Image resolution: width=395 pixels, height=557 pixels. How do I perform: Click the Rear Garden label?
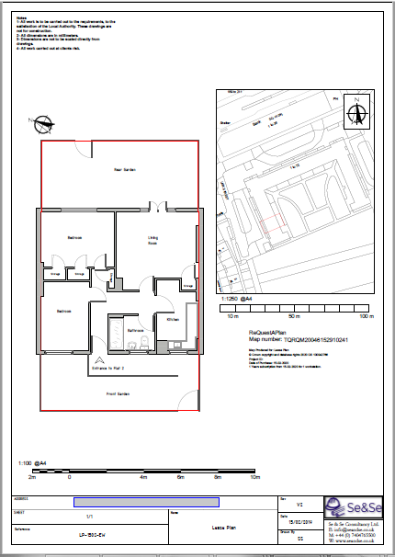pyautogui.click(x=118, y=170)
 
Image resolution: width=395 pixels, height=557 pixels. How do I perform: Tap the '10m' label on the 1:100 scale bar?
pyautogui.click(x=256, y=478)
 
